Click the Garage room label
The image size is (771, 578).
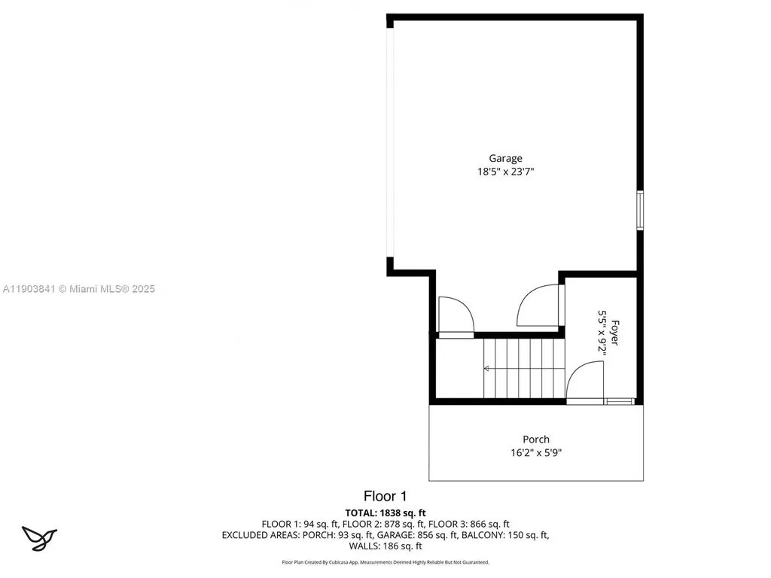pyautogui.click(x=505, y=158)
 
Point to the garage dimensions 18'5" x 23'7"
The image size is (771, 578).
pyautogui.click(x=505, y=172)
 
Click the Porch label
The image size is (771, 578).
pyautogui.click(x=536, y=440)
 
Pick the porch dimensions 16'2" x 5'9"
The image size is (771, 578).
pyautogui.click(x=536, y=453)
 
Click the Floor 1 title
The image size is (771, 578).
pyautogui.click(x=385, y=496)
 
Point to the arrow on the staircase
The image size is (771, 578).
pyautogui.click(x=486, y=369)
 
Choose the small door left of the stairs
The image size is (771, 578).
pyautogui.click(x=454, y=316)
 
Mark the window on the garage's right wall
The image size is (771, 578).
pyautogui.click(x=640, y=210)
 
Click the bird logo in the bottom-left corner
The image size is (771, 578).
pyautogui.click(x=39, y=537)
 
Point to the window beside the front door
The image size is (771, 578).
pyautogui.click(x=622, y=402)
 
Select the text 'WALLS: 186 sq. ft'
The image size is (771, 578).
pyautogui.click(x=385, y=546)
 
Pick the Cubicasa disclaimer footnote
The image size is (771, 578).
pyautogui.click(x=385, y=562)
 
